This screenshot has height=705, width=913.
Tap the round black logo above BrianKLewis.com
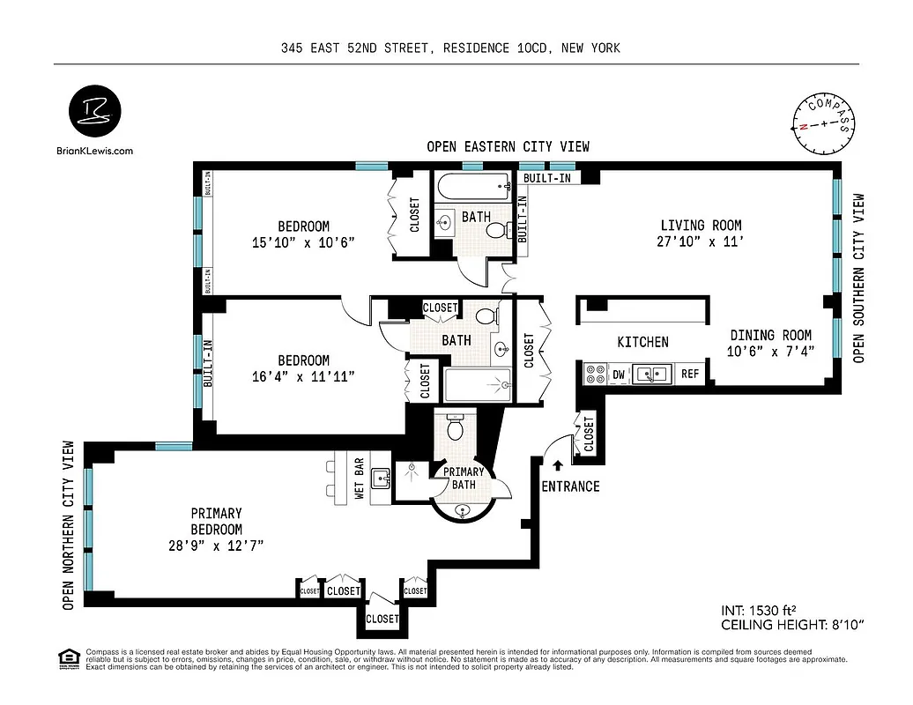pyautogui.click(x=95, y=114)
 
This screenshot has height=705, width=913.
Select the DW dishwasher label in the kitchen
pyautogui.click(x=619, y=375)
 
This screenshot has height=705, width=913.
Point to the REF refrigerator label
pyautogui.click(x=690, y=375)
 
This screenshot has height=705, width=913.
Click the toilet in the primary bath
pyautogui.click(x=456, y=427)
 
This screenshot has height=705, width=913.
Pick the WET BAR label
pyautogui.click(x=360, y=479)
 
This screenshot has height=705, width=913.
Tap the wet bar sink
pyautogui.click(x=381, y=479)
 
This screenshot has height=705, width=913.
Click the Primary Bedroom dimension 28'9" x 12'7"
pyautogui.click(x=216, y=545)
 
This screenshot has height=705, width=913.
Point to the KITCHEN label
pyautogui.click(x=642, y=342)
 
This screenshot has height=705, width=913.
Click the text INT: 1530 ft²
pyautogui.click(x=763, y=610)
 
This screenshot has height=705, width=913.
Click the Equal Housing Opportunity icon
pyautogui.click(x=67, y=657)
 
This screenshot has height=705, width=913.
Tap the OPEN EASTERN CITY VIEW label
pyautogui.click(x=508, y=146)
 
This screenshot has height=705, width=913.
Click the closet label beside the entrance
pyautogui.click(x=589, y=434)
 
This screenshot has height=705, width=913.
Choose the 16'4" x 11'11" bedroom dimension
pyautogui.click(x=303, y=376)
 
